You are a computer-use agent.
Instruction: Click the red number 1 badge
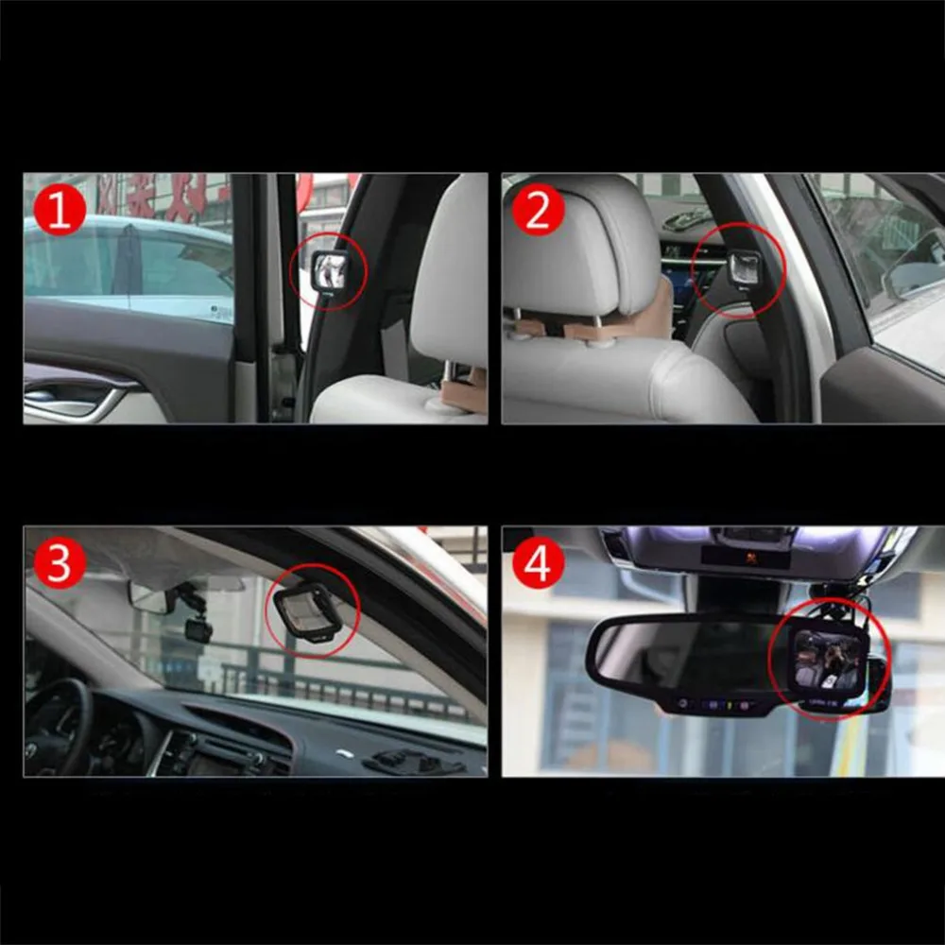click(x=60, y=212)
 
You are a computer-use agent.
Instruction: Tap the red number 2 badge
click(x=538, y=212)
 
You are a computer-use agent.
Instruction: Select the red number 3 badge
click(x=60, y=564)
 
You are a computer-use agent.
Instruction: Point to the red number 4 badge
click(x=538, y=564)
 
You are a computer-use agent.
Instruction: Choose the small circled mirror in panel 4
click(x=829, y=660)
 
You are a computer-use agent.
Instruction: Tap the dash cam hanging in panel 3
click(x=198, y=627)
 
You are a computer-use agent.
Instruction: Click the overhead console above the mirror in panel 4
click(x=746, y=548)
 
